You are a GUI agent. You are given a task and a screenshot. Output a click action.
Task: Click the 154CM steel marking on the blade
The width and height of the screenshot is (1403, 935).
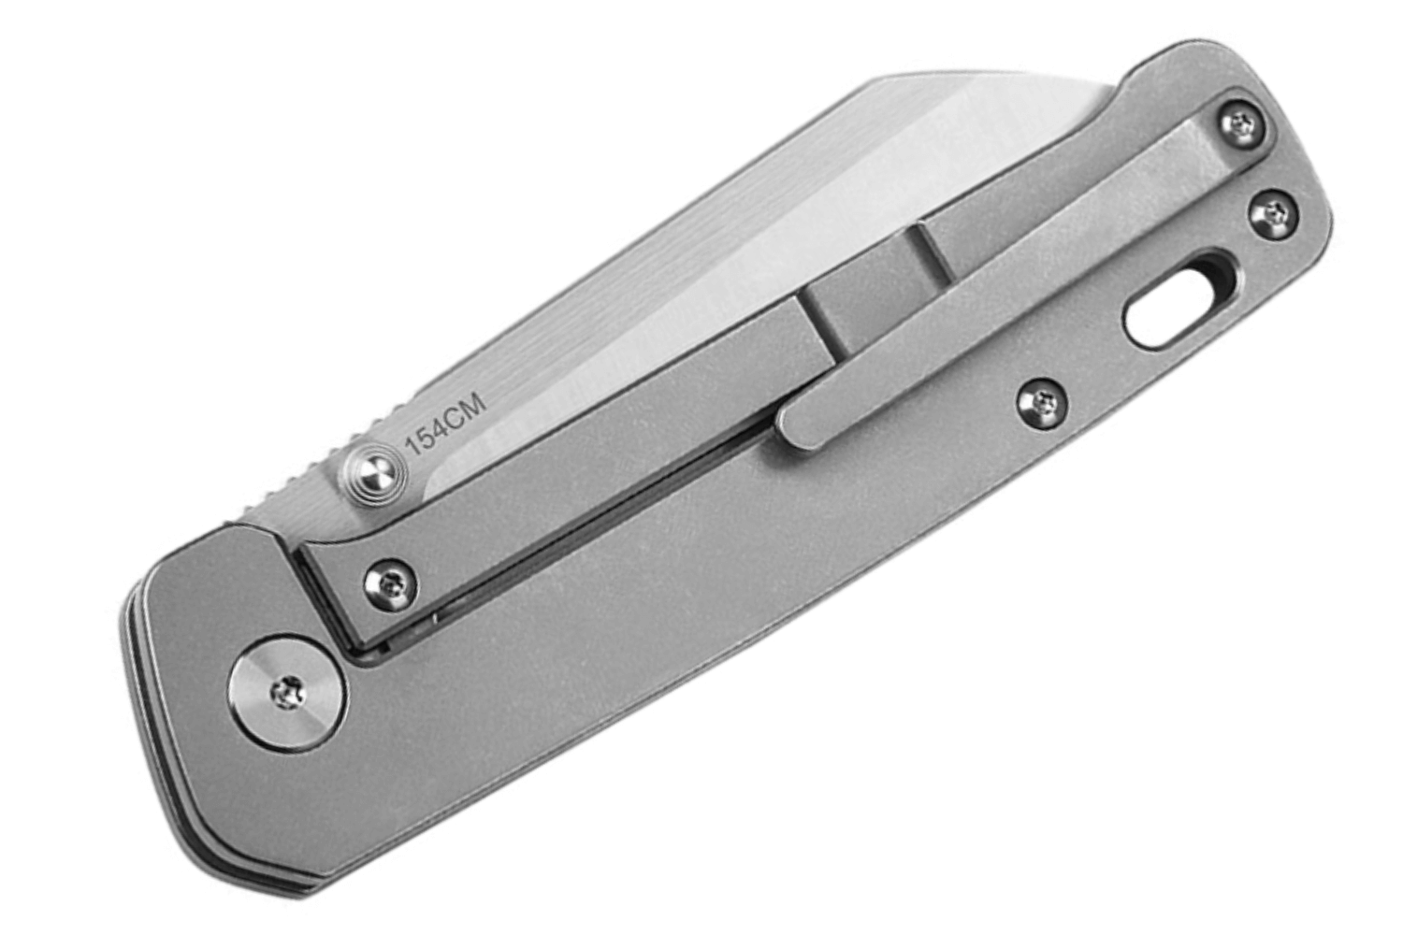tap(446, 422)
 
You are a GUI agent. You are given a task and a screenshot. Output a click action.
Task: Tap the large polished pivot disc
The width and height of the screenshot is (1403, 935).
tap(289, 694)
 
